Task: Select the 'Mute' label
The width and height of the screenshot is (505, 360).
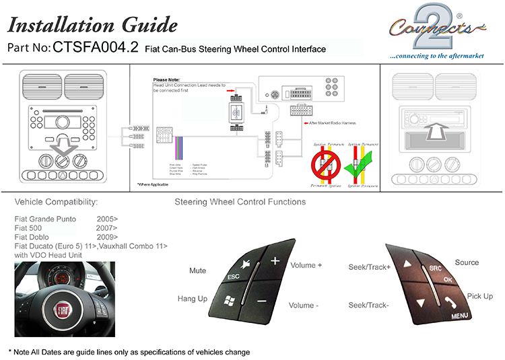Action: (197, 271)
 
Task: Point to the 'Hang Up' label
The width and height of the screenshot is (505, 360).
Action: (192, 298)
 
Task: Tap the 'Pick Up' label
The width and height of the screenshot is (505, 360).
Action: (479, 296)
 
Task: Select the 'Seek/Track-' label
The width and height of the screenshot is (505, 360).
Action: (368, 305)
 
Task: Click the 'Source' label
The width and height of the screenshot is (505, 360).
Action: (467, 262)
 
